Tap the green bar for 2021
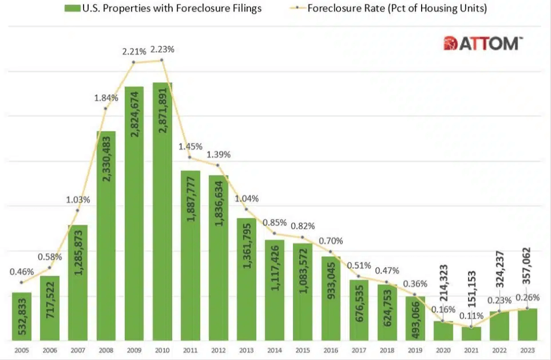click(x=471, y=334)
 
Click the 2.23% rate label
click(x=162, y=49)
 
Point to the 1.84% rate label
click(x=106, y=97)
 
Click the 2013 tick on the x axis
click(x=246, y=351)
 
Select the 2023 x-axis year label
click(x=527, y=351)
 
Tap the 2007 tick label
click(x=78, y=351)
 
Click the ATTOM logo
click(x=483, y=43)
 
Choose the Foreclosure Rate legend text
click(x=397, y=8)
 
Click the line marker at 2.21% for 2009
click(x=134, y=62)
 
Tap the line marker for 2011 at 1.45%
click(x=190, y=157)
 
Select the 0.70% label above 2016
click(x=331, y=241)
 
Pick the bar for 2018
click(x=387, y=312)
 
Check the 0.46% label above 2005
click(x=21, y=271)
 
